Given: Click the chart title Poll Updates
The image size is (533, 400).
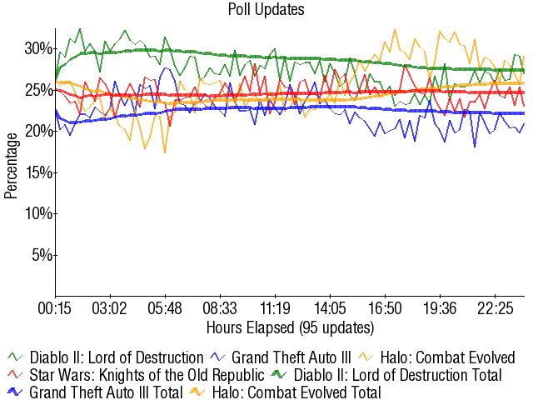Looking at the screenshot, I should [266, 10].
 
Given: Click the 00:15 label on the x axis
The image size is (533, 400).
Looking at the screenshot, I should [56, 309].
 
